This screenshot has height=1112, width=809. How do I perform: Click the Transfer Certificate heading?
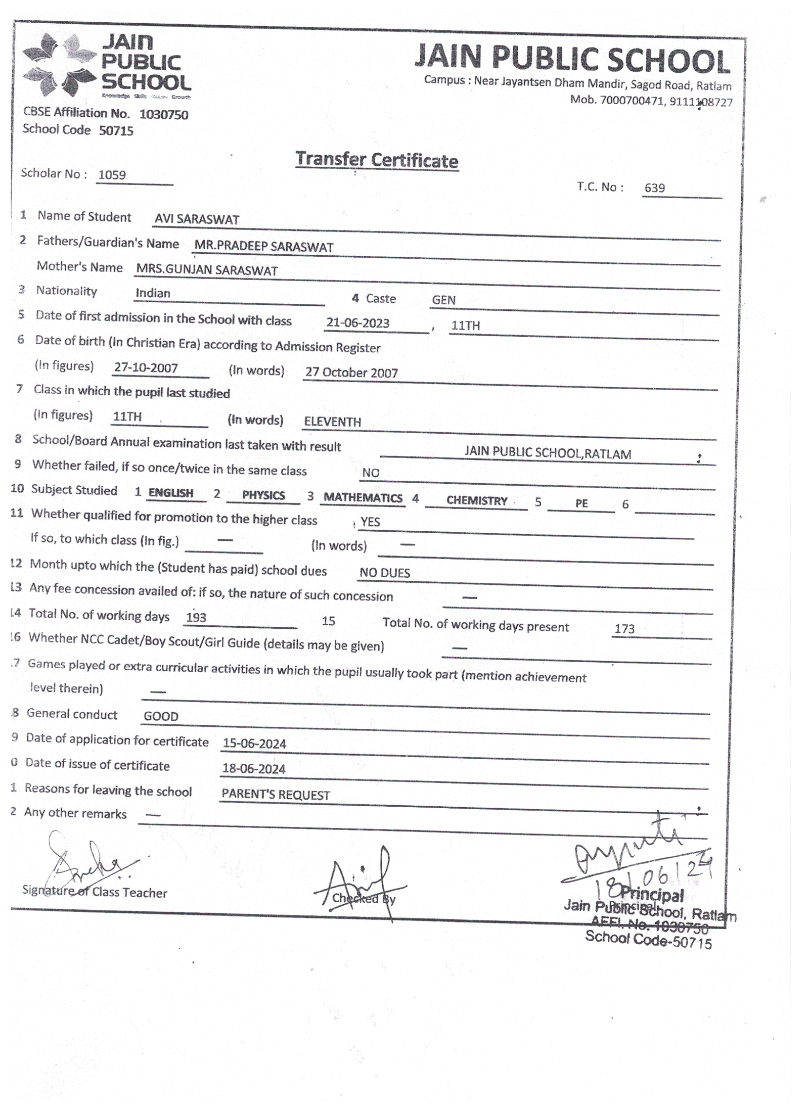(x=377, y=160)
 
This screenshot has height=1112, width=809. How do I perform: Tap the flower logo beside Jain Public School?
(x=60, y=65)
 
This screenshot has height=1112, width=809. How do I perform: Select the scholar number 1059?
(x=112, y=175)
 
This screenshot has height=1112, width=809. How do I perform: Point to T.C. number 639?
(x=654, y=188)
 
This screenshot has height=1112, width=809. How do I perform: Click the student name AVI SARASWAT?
(x=197, y=219)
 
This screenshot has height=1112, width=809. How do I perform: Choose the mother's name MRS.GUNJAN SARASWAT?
(x=207, y=270)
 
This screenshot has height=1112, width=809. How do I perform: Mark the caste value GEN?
(x=443, y=300)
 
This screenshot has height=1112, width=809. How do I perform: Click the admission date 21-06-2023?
(x=357, y=323)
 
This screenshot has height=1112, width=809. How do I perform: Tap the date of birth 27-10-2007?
(x=146, y=367)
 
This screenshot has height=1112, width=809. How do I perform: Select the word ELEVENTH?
(x=332, y=422)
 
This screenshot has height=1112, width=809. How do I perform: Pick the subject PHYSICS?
(x=263, y=495)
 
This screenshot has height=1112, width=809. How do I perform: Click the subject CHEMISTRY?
(x=476, y=501)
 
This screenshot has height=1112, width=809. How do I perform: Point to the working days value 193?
(x=196, y=617)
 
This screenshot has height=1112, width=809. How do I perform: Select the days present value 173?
(x=624, y=629)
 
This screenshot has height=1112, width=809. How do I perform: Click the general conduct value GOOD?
(x=161, y=716)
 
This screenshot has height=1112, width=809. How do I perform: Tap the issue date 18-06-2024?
(x=254, y=769)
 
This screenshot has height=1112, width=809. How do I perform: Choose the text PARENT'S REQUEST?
(x=276, y=795)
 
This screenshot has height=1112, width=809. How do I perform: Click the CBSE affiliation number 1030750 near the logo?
(x=163, y=115)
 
